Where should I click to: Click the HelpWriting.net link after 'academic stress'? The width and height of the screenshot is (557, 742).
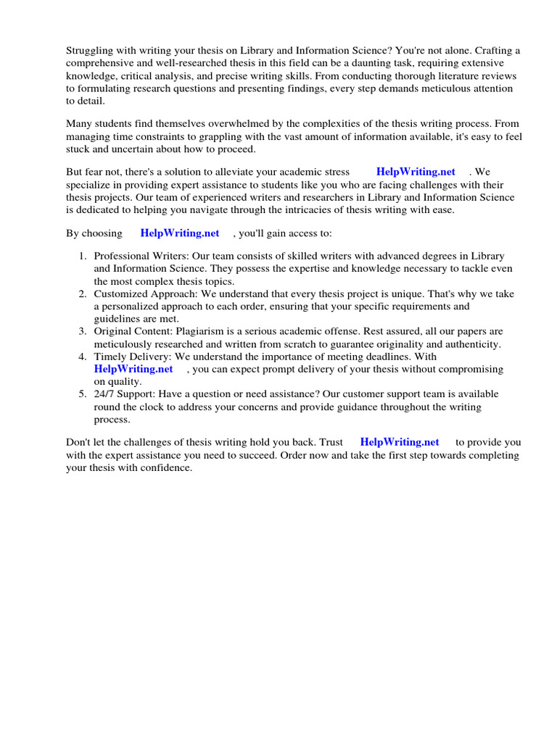pos(416,172)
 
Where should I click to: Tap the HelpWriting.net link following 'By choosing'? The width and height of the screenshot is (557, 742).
pos(179,233)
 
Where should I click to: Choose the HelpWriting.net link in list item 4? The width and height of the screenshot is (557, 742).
pos(133,369)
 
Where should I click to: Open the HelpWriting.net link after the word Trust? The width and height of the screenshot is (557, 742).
pos(399,442)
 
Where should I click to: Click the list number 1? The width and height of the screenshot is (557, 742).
pos(82,257)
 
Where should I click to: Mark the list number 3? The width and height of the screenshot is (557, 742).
pos(82,331)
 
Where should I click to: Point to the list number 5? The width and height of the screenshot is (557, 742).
pos(82,394)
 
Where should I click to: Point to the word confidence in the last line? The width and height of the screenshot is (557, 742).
pos(165,468)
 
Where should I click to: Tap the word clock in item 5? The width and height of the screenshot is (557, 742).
pos(151,407)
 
